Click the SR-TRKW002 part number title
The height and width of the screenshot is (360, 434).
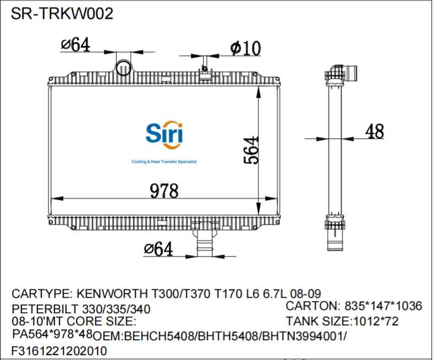click(62, 14)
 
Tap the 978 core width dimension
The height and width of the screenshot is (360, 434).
click(165, 191)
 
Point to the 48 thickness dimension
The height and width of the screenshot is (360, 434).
click(375, 132)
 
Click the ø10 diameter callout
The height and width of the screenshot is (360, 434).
click(246, 48)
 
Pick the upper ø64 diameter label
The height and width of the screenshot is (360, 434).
click(75, 46)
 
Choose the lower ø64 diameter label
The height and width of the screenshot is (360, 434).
click(158, 249)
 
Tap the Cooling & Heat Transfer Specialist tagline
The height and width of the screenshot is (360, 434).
click(164, 162)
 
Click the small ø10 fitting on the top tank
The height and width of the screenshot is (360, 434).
click(205, 70)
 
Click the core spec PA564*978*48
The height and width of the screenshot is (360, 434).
click(52, 334)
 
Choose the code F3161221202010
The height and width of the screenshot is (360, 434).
click(59, 351)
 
